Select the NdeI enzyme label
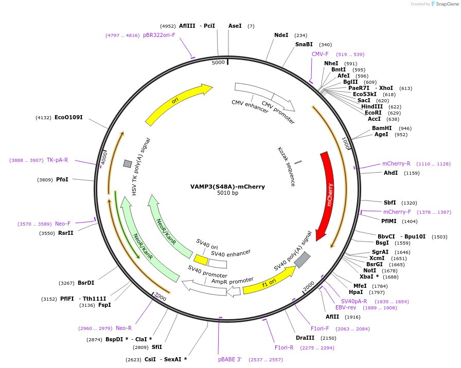(x=281, y=35)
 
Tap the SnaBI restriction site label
(x=304, y=44)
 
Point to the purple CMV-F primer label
(x=320, y=54)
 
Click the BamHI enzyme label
(x=382, y=128)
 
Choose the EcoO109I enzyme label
(x=68, y=117)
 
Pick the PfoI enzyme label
(x=62, y=179)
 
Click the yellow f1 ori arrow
(x=269, y=280)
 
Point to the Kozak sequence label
(x=286, y=166)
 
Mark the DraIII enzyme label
(x=305, y=338)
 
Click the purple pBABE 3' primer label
(x=229, y=359)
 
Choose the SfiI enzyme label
(x=157, y=347)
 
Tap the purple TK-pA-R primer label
(x=57, y=160)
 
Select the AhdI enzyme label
(x=391, y=173)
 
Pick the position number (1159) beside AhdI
(x=412, y=173)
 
